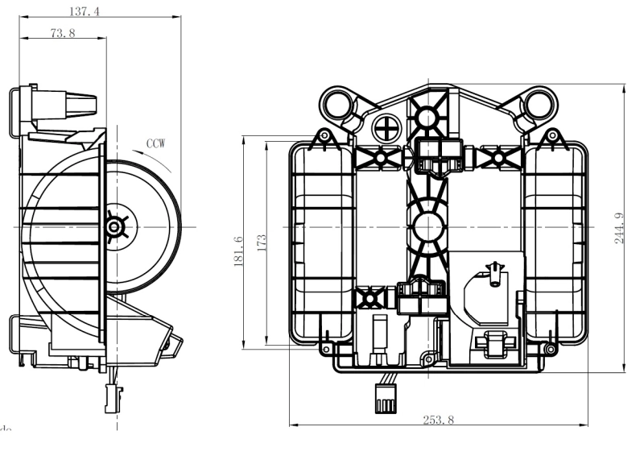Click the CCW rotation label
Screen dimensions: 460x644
point(156,143)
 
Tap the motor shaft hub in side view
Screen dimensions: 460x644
point(114,228)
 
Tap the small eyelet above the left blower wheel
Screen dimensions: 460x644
point(324,136)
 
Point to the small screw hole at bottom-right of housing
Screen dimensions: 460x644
point(549,349)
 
